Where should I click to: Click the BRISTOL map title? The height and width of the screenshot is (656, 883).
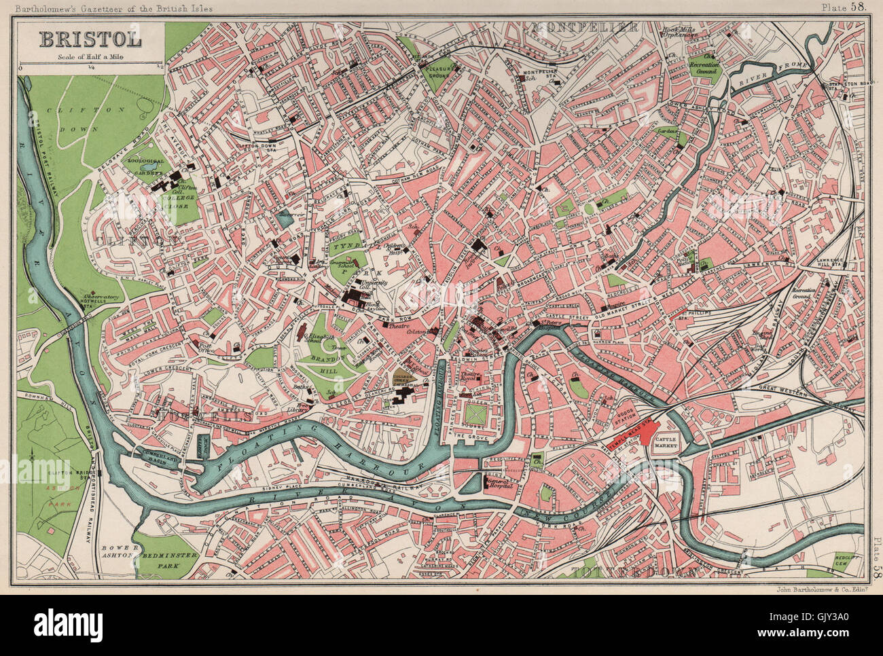90,39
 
